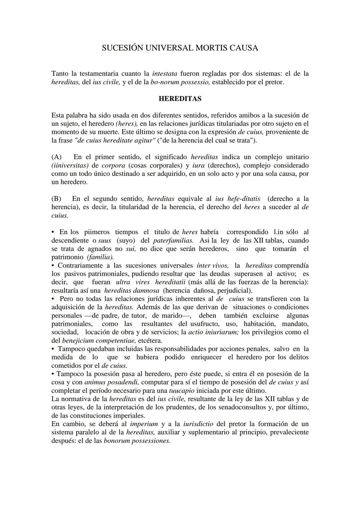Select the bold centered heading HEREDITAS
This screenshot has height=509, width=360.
180,99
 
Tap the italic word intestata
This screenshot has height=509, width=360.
164,74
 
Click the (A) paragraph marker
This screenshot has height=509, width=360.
57,157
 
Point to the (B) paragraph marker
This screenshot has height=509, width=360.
56,199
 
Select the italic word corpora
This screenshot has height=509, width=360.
113,166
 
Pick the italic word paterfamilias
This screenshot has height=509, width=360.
173,241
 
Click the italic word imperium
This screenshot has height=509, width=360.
144,424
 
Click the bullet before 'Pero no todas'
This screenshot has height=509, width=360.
53,299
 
